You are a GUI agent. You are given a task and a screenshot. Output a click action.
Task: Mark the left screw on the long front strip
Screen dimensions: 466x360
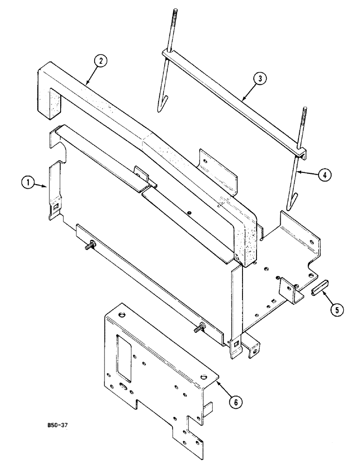point(90,245)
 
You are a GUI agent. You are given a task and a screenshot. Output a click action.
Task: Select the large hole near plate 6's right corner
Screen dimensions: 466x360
point(204,376)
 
